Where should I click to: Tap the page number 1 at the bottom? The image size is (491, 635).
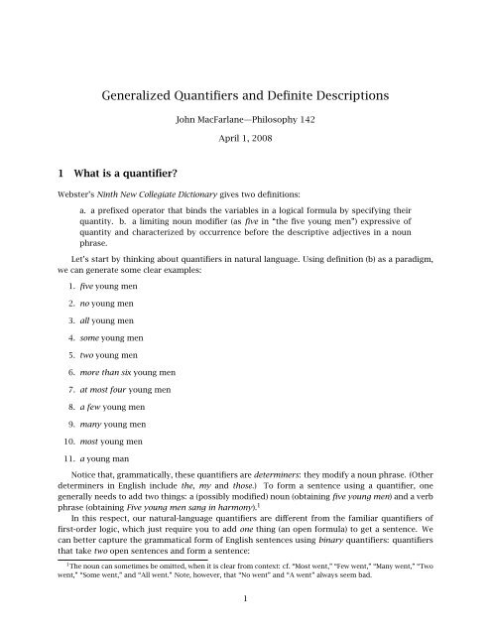click(x=245, y=625)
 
